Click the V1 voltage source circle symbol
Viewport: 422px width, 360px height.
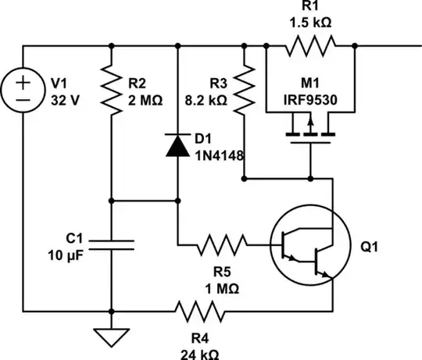tap(23, 91)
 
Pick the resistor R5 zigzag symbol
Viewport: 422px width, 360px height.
tap(223, 246)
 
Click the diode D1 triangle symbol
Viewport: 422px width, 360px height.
tap(178, 144)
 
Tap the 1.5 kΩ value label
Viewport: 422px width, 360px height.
tap(310, 23)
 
